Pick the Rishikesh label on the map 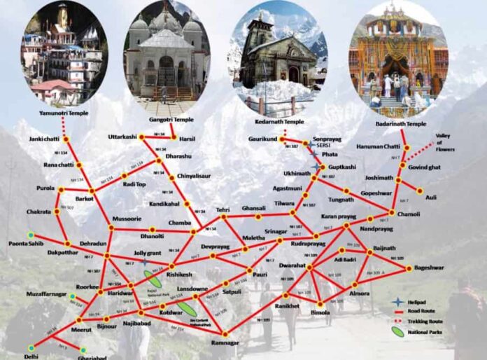coord(179,275)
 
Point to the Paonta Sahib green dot coord(30,234)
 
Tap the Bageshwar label coord(428,268)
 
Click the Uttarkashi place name coord(123,136)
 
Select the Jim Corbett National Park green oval coord(186,309)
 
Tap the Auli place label coord(431,198)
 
